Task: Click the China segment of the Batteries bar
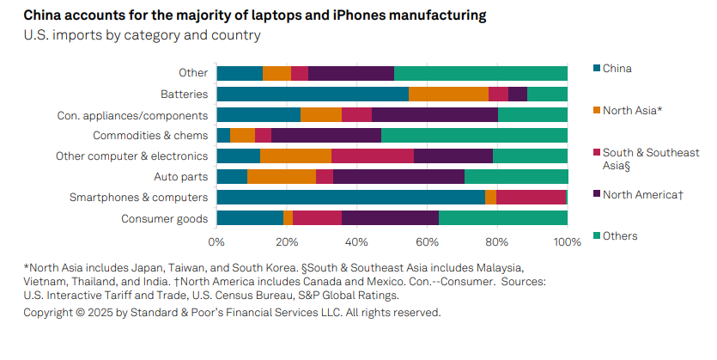pos(313,94)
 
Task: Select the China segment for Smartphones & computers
pos(350,198)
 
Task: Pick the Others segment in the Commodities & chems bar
pos(474,135)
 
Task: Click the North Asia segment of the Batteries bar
pos(448,94)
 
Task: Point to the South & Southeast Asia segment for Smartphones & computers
pos(531,198)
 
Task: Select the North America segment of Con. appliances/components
pos(434,114)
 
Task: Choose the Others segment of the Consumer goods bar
pos(503,218)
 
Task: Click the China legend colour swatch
pos(597,68)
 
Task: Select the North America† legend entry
pos(643,194)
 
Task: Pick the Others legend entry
pos(620,235)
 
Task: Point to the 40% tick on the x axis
pos(357,242)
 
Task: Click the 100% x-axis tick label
pos(568,242)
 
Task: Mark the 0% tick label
pos(216,242)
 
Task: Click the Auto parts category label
pos(180,177)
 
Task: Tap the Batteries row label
pos(184,94)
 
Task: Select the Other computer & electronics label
pos(131,156)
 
